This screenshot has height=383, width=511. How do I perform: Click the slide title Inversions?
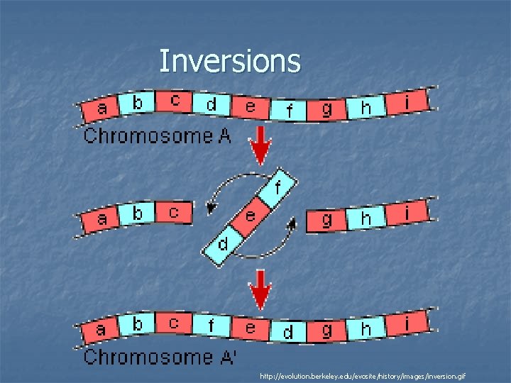coord(229,61)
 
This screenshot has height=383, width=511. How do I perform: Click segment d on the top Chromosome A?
coord(211,105)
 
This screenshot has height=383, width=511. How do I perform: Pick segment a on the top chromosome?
coord(102,109)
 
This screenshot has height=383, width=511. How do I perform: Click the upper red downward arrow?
coord(261,148)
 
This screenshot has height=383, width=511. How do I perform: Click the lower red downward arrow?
coord(261,289)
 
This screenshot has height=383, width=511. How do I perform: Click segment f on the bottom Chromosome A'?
coord(212,327)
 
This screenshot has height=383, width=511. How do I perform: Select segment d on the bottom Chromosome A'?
coord(288,332)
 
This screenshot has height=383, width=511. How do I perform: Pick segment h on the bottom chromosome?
coord(366,328)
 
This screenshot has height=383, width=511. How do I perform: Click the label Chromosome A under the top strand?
coord(158,135)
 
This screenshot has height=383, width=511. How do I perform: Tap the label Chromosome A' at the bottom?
coord(160,357)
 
